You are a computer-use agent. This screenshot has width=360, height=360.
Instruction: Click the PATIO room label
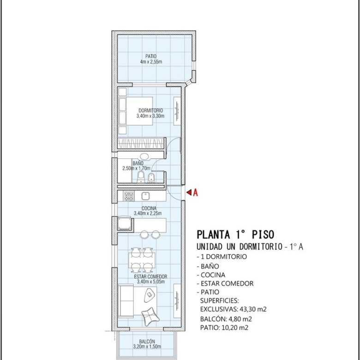click(151, 56)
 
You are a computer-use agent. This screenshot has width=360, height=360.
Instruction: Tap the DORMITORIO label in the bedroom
click(150, 111)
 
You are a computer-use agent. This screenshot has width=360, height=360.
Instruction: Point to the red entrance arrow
click(189, 192)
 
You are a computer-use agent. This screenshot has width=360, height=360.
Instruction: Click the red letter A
click(195, 192)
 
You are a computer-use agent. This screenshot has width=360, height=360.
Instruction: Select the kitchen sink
click(145, 196)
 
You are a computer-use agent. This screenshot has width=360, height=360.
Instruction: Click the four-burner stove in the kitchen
click(129, 196)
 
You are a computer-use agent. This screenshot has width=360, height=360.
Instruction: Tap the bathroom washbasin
click(144, 157)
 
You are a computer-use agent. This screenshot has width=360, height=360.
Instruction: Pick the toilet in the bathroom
click(140, 177)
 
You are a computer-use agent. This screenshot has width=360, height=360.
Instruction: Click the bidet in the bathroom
click(151, 178)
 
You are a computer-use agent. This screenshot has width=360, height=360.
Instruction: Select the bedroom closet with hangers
click(141, 144)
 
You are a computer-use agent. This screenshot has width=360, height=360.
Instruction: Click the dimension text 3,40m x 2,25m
click(148, 213)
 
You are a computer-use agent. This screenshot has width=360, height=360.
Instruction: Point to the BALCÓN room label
click(147, 342)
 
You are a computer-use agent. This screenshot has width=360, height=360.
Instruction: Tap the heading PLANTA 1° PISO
click(235, 234)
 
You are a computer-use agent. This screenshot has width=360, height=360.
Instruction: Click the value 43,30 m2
click(253, 309)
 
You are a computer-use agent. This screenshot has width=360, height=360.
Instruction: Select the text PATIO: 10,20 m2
click(224, 328)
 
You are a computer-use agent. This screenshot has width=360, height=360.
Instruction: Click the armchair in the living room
click(150, 316)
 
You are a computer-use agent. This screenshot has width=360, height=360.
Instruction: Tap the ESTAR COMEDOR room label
click(150, 276)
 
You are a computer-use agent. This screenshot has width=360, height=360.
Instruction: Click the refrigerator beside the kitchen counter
click(125, 223)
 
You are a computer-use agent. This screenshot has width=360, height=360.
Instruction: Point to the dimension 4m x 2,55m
click(151, 62)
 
